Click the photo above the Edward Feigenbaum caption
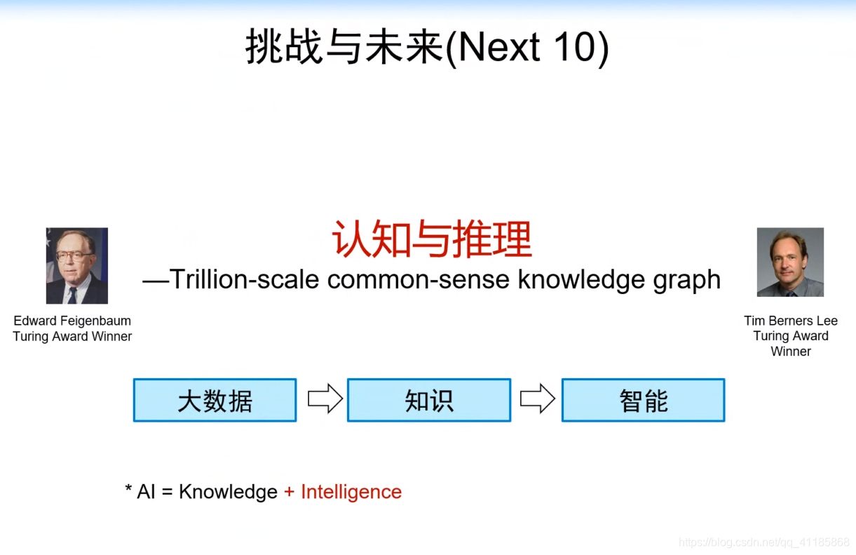click(77, 265)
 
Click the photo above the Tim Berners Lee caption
click(790, 262)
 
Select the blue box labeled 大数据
click(215, 400)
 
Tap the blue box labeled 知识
click(429, 400)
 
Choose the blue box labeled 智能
click(644, 400)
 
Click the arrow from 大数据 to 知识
click(325, 399)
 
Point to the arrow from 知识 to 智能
click(538, 399)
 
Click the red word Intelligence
click(351, 493)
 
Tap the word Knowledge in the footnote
click(228, 493)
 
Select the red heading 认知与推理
click(432, 239)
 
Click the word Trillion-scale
click(244, 279)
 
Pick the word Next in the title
click(499, 47)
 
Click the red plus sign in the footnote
click(290, 492)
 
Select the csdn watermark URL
click(764, 542)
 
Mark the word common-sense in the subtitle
click(419, 280)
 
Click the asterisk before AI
click(128, 488)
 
